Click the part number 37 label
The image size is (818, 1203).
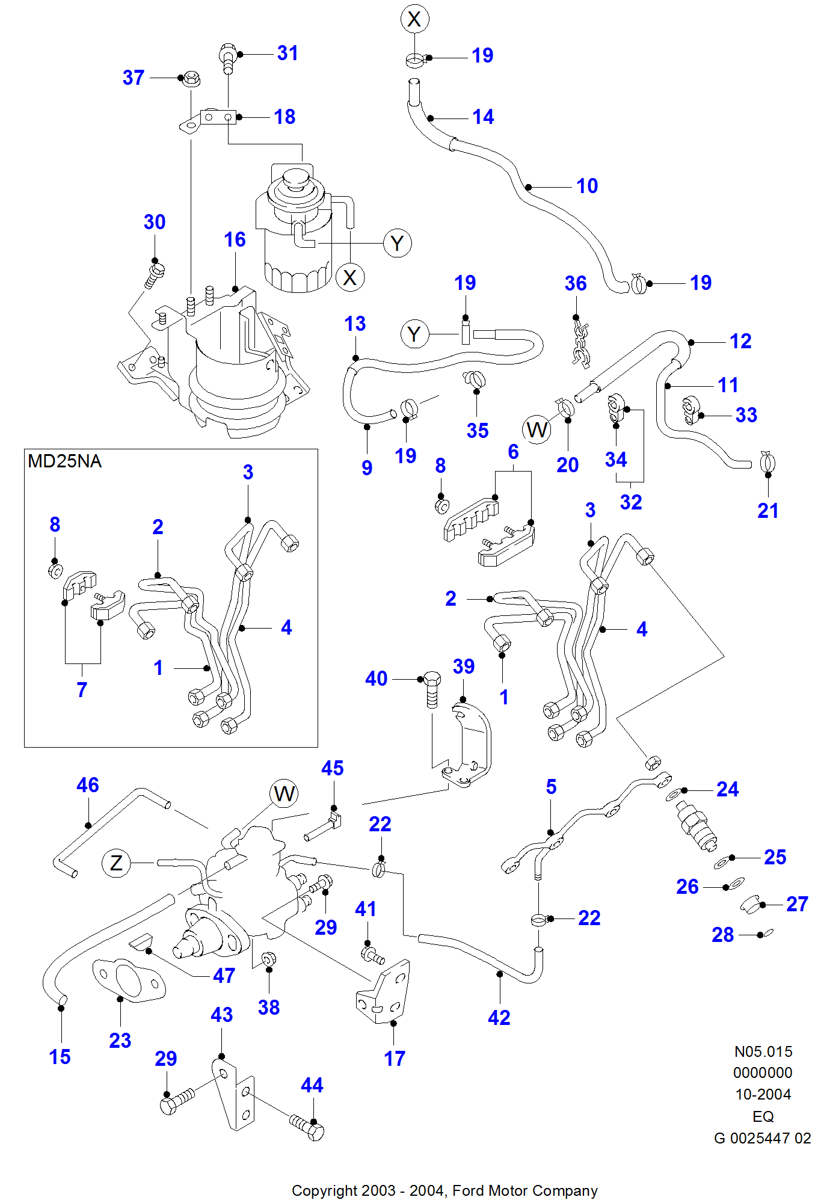pos(134,78)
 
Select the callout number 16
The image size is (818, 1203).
pos(235,239)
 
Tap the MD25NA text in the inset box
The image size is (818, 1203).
pos(64,461)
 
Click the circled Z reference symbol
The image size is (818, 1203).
pos(116,863)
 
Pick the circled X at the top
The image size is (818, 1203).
pos(414,19)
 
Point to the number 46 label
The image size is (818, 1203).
pos(87,785)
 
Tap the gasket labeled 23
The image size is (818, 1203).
pos(128,980)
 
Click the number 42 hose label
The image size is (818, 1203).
pos(499,1018)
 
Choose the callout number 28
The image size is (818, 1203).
pos(722,935)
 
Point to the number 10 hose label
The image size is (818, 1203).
pos(587,186)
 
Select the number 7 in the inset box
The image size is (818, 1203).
pos(82,690)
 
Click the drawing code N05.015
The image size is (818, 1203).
pos(763,1051)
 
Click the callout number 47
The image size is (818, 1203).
pos(224,976)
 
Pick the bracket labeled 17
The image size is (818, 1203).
pos(386,992)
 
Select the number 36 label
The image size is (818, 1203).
pos(575,283)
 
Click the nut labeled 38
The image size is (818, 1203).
pos(269,958)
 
